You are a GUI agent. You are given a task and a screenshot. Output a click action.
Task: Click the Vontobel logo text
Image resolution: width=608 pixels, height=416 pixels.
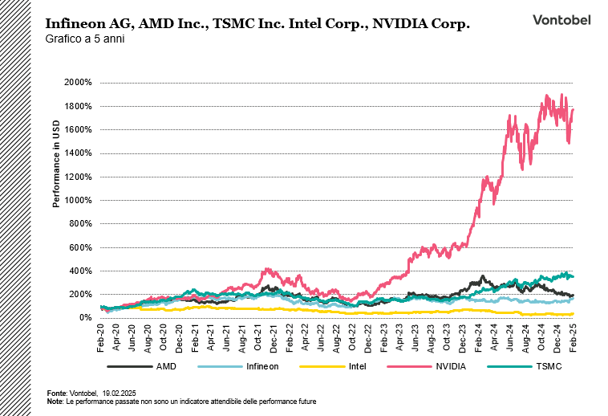click(561, 20)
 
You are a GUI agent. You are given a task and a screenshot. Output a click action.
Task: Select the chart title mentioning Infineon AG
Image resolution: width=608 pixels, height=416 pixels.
click(257, 24)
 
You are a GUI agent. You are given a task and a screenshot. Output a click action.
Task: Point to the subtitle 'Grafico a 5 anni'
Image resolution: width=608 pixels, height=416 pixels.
click(81, 39)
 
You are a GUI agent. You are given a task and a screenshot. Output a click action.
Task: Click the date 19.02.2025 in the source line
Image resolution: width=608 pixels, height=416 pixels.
click(120, 393)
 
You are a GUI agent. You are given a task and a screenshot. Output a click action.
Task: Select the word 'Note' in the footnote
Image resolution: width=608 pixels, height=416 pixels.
click(55, 400)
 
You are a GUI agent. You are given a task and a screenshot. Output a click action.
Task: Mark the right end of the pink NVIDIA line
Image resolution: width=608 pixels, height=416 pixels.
click(573, 110)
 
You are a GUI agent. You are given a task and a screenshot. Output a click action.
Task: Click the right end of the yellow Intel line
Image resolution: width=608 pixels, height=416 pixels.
click(573, 313)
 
